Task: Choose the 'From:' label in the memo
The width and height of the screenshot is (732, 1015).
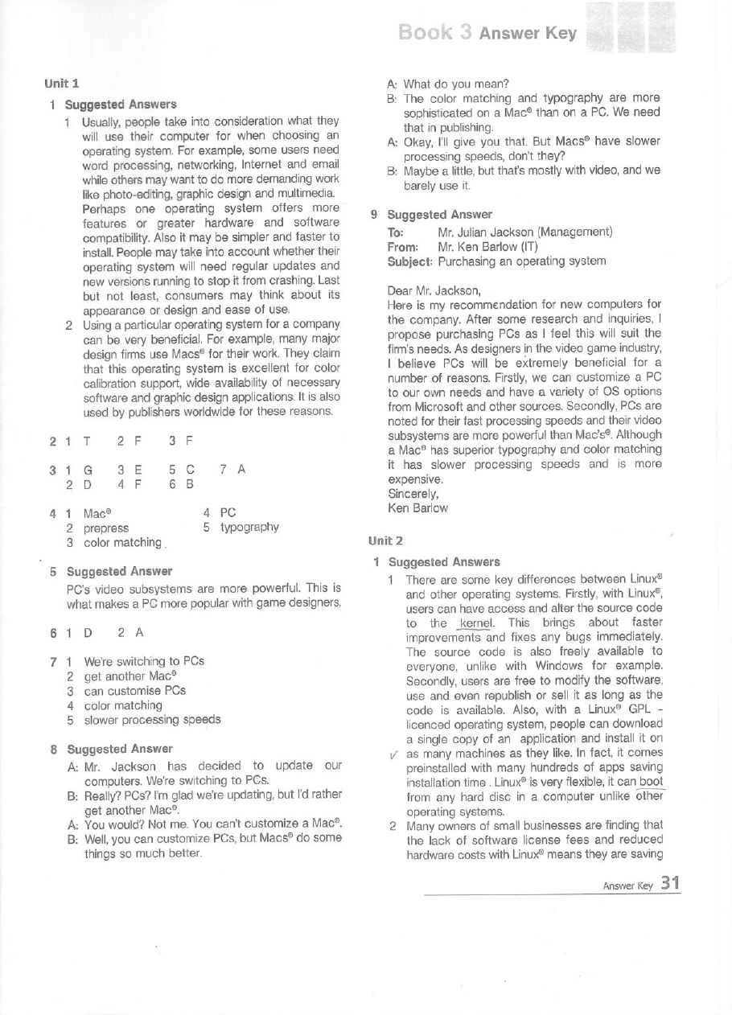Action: pyautogui.click(x=404, y=247)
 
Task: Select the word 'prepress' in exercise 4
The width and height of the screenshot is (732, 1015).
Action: pyautogui.click(x=106, y=528)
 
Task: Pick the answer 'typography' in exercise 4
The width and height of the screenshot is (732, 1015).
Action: pyautogui.click(x=249, y=528)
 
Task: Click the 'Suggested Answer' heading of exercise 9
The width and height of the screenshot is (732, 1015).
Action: pyautogui.click(x=440, y=215)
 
